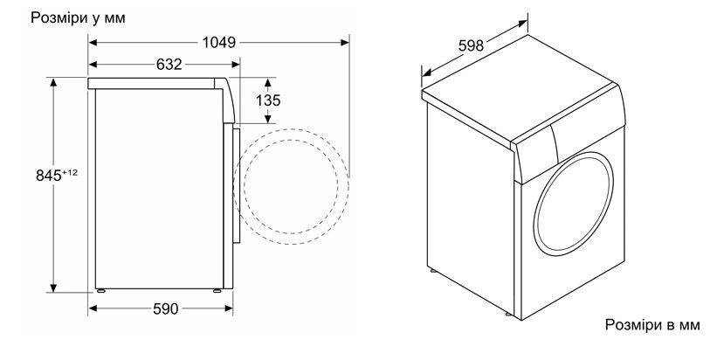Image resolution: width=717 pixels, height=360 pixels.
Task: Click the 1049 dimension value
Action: pos(219,43)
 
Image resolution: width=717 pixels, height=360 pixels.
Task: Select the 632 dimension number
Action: pos(169,65)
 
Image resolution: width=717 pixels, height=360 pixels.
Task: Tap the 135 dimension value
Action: pos(268,100)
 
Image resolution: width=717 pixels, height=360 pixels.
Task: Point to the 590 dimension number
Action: pos(166,309)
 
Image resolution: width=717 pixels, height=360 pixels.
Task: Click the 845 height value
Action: pos(49,176)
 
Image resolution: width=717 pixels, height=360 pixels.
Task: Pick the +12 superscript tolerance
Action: pos(70,172)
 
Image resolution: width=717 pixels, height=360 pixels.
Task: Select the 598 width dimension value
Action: pos(471,45)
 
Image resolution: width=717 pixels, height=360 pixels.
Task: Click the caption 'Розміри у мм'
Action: pos(78,18)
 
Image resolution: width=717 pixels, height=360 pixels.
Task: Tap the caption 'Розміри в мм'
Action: pos(652,325)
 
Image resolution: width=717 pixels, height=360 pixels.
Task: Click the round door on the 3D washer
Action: pos(574,204)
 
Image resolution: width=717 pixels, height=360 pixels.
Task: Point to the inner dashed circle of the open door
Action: pos(291,186)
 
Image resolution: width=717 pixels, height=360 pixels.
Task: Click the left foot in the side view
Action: pos(100,290)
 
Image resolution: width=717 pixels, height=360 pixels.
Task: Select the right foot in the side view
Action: pos(217,290)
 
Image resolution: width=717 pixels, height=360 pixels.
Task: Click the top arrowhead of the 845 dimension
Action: pos(53,83)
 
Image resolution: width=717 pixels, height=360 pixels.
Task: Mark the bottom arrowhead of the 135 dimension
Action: pos(268,119)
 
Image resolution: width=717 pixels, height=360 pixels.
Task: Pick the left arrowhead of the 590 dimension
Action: pos(93,308)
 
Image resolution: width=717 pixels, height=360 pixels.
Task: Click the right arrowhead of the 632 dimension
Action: pos(236,65)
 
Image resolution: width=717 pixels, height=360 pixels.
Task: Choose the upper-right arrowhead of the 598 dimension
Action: pos(523,23)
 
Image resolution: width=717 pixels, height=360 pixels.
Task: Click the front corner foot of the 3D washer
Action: pos(508,314)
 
